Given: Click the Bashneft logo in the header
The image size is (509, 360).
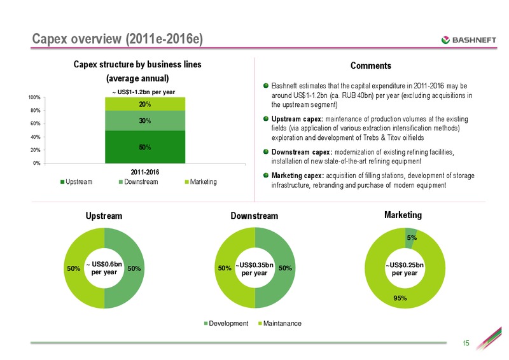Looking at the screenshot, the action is (x=468, y=40).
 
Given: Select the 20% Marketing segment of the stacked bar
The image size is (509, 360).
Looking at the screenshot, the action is (x=145, y=104).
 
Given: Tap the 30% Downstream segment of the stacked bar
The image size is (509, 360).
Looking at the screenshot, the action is (x=145, y=121).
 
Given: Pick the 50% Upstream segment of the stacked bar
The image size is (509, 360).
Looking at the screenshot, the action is (x=145, y=147).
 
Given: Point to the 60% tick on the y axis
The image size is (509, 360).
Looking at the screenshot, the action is (x=36, y=123).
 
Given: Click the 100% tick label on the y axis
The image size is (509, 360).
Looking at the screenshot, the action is (x=34, y=97).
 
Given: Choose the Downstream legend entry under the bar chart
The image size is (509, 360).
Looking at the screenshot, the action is (x=139, y=182).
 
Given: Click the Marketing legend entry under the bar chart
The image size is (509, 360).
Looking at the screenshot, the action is (x=201, y=182).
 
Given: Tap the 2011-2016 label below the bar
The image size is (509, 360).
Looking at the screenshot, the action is (x=145, y=172).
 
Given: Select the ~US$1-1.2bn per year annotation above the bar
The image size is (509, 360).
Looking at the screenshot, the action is (x=144, y=92).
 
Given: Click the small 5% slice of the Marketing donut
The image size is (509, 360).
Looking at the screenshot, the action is (x=411, y=238).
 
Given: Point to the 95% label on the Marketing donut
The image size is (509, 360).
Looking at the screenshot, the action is (x=400, y=298).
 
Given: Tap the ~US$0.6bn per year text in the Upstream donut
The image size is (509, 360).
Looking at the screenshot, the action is (x=104, y=268).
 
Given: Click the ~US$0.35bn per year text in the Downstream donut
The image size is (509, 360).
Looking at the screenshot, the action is (x=254, y=269).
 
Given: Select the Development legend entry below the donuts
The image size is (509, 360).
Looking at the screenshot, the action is (x=226, y=323).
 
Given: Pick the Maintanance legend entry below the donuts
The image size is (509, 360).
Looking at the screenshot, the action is (x=280, y=323).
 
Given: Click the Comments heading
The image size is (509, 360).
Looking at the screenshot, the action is (x=371, y=66).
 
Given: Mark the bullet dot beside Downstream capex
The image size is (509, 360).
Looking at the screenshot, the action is (x=266, y=151).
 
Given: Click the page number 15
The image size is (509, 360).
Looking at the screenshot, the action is (x=466, y=343).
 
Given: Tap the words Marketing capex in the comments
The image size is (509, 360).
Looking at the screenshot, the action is (x=298, y=176).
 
